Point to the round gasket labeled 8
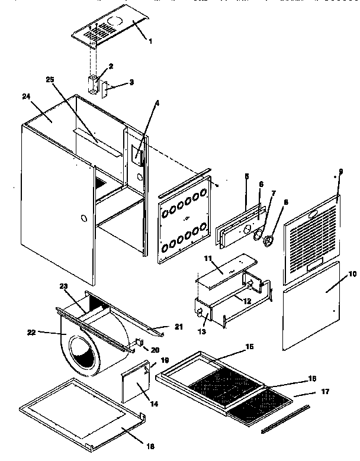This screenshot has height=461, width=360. [270, 241]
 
